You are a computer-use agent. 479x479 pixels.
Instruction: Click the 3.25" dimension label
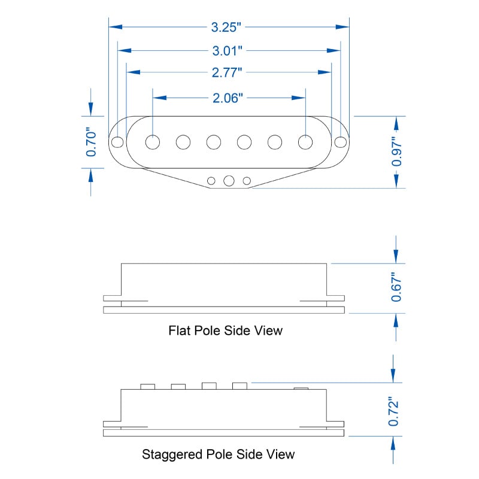[x=226, y=27]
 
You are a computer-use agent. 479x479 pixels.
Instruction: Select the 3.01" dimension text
[x=228, y=51]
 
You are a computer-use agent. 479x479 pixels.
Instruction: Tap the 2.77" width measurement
[x=227, y=72]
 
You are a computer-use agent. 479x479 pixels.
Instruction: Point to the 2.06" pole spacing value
[x=228, y=98]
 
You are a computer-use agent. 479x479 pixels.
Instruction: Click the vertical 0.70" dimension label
[x=91, y=142]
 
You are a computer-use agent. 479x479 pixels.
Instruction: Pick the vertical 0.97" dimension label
[x=396, y=152]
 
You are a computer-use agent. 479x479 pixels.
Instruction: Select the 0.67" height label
[x=396, y=287]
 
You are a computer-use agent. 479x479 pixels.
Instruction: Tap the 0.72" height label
[x=393, y=412]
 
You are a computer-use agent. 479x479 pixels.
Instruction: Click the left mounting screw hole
[x=117, y=142]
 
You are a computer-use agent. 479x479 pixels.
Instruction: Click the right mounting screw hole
[x=341, y=142]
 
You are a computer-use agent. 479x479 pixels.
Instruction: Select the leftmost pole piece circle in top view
[x=153, y=142]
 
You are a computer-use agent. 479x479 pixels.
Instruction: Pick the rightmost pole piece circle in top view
[x=305, y=142]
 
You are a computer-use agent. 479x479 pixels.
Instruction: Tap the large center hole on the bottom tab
[x=229, y=181]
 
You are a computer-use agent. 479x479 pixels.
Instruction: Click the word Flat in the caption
[x=179, y=331]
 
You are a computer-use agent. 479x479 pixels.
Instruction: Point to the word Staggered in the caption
[x=172, y=455]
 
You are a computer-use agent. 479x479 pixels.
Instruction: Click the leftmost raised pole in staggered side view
[x=147, y=386]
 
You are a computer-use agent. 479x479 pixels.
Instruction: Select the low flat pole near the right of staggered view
[x=301, y=389]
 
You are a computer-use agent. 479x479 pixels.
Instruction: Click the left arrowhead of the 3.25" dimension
[x=116, y=27]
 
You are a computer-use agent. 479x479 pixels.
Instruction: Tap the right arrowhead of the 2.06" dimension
[x=298, y=98]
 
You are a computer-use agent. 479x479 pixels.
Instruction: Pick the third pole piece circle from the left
[x=214, y=142]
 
